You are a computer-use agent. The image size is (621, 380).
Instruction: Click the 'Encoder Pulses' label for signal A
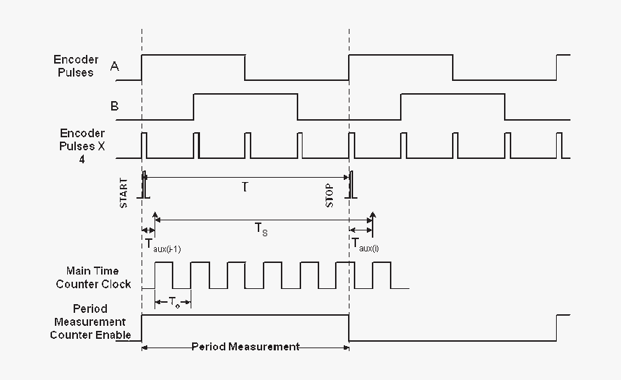tap(76, 66)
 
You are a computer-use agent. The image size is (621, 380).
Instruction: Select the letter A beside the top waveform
tap(114, 66)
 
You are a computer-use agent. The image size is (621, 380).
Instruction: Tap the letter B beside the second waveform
tap(114, 106)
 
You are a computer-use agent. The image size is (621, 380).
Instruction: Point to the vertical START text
tap(123, 193)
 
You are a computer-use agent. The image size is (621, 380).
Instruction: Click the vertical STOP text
tap(329, 195)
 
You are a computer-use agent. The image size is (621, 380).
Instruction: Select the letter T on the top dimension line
tap(245, 186)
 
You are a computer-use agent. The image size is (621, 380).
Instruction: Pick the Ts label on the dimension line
tap(261, 228)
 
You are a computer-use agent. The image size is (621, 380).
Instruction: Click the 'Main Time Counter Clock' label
tap(93, 277)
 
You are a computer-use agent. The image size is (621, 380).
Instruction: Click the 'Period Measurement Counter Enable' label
tap(90, 321)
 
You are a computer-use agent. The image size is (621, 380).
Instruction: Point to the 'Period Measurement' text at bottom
tap(246, 347)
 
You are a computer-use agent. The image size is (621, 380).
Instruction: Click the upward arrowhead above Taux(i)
tap(373, 214)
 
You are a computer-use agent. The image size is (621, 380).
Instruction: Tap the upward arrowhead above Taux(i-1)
tap(155, 215)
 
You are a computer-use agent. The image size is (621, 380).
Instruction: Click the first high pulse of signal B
tap(246, 95)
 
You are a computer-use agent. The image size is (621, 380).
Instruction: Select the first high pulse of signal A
tap(193, 55)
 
